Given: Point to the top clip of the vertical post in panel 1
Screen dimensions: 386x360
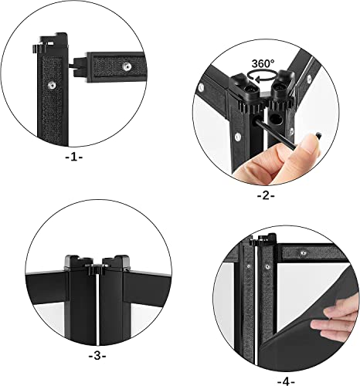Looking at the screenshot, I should (48, 39).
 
